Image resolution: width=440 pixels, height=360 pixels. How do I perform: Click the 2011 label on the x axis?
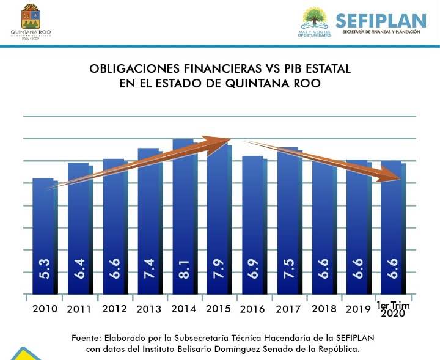(79, 309)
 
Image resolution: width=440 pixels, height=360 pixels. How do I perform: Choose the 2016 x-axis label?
(253, 309)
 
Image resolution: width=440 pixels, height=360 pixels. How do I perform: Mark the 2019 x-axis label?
(358, 309)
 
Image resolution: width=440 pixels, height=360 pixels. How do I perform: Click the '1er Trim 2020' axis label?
(394, 309)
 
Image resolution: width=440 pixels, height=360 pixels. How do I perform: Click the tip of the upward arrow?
(230, 139)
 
